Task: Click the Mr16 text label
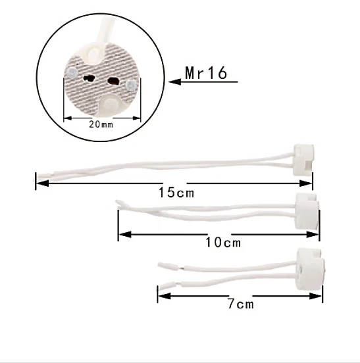click(206, 73)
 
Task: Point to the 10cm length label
click(222, 242)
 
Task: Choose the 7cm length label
click(240, 304)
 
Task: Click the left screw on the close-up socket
click(70, 70)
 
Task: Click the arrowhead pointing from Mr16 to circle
click(174, 82)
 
